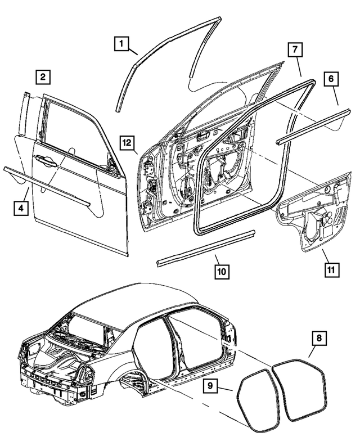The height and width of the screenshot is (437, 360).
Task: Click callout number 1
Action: tap(122, 42)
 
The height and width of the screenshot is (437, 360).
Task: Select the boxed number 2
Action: tap(43, 76)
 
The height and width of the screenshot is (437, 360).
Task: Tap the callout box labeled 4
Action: tap(20, 208)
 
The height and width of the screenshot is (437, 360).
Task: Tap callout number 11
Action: tap(331, 269)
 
